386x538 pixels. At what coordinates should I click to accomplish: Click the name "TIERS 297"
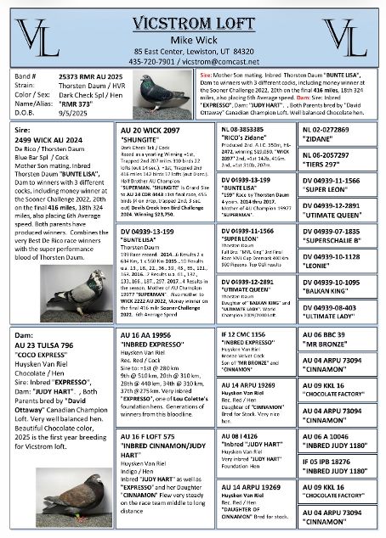pyautogui.click(x=321, y=165)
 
